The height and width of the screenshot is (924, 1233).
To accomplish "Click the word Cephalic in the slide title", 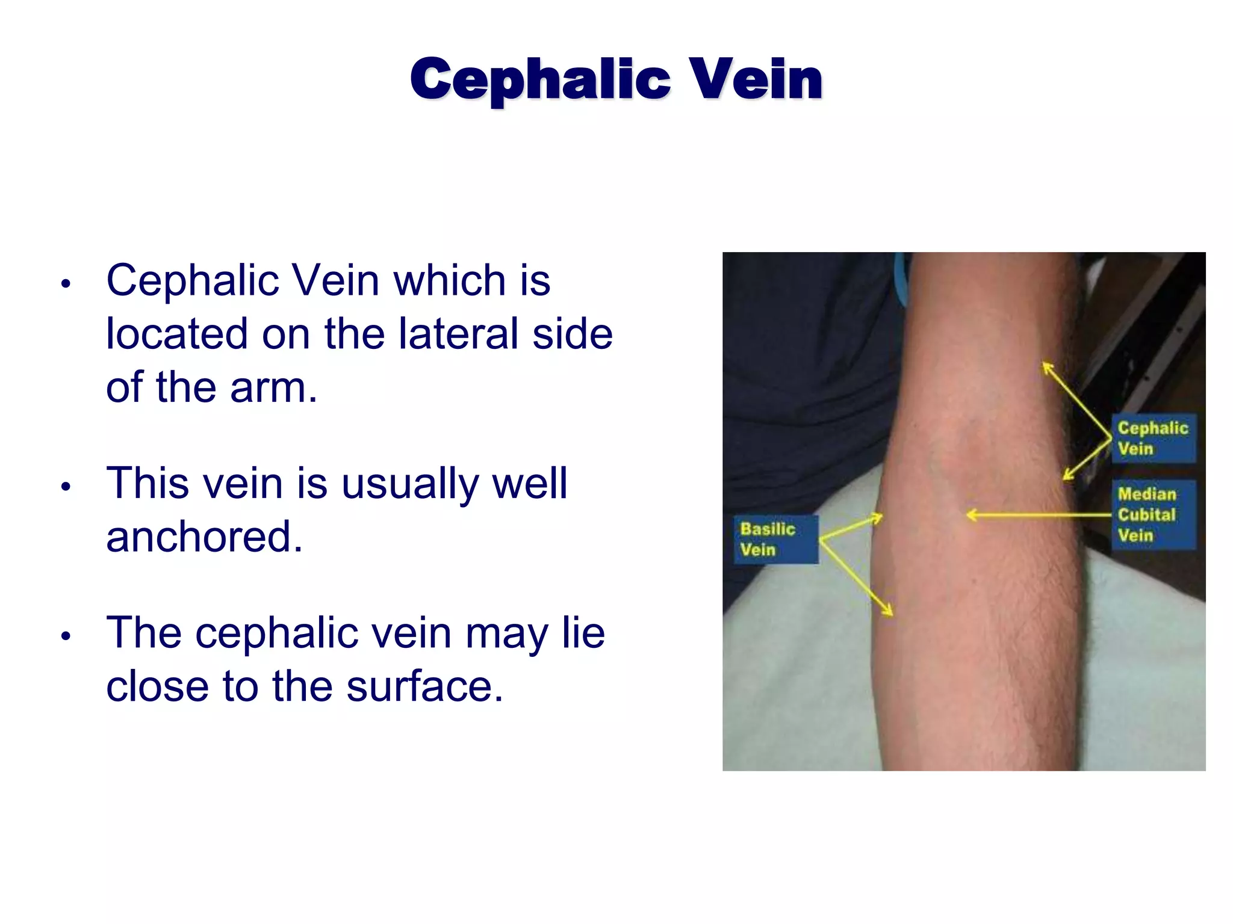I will point(540,80).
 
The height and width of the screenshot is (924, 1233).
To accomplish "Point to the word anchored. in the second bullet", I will point(204,537).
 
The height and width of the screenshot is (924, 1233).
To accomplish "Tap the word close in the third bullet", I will point(157,686).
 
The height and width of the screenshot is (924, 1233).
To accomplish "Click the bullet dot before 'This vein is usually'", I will point(66,487).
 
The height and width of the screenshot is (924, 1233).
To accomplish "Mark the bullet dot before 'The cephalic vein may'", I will point(66,636).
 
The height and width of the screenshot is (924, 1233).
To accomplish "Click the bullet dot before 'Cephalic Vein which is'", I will point(66,283).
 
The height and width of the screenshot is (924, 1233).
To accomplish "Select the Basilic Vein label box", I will point(775,539).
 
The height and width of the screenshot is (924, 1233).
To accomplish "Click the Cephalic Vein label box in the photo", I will point(1153,438).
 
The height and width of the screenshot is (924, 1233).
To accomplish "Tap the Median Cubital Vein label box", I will point(1153,514).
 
